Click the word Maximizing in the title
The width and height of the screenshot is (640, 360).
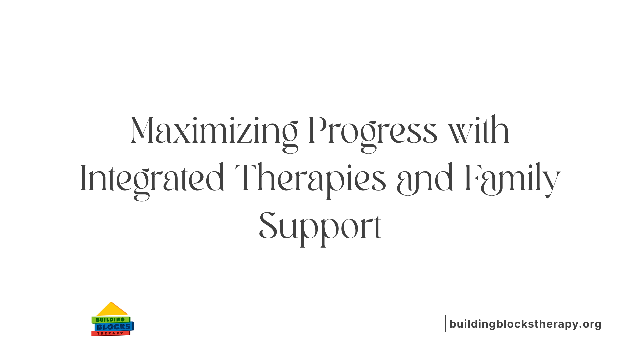(x=214, y=131)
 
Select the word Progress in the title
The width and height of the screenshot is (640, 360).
(x=372, y=131)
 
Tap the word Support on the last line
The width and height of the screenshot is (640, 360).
(x=320, y=227)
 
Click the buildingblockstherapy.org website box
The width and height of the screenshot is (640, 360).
(x=525, y=324)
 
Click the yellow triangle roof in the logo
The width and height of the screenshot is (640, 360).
(x=112, y=310)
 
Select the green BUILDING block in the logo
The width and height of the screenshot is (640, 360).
(x=110, y=320)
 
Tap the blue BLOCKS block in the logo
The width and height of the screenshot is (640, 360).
(x=114, y=327)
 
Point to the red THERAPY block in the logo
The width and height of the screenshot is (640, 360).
(x=110, y=333)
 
